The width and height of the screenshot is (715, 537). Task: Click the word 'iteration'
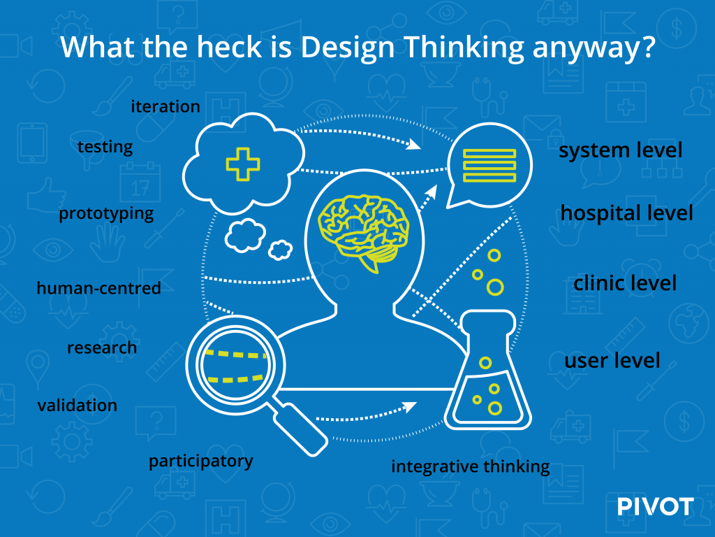tap(165, 106)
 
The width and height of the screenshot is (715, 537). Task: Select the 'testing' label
tap(105, 148)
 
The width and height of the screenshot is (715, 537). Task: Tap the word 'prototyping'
tap(106, 214)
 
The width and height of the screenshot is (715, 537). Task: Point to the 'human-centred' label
tap(98, 288)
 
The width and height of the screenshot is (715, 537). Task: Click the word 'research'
tap(102, 348)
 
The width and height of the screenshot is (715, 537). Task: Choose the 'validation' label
tap(77, 405)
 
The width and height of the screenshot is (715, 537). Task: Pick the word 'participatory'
tap(200, 461)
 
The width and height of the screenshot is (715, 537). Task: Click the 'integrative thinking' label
tap(470, 467)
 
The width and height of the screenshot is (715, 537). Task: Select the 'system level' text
tap(621, 150)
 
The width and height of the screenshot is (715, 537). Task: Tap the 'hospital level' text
tap(626, 213)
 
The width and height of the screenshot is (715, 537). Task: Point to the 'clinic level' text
tap(625, 283)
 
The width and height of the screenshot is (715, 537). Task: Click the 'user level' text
tap(612, 360)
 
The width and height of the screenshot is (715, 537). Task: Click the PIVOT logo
tap(656, 506)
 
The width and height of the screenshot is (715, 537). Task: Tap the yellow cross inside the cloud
tap(243, 164)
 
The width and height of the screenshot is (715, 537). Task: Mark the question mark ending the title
tap(647, 46)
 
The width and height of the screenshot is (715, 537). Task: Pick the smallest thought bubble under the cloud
tap(280, 250)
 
